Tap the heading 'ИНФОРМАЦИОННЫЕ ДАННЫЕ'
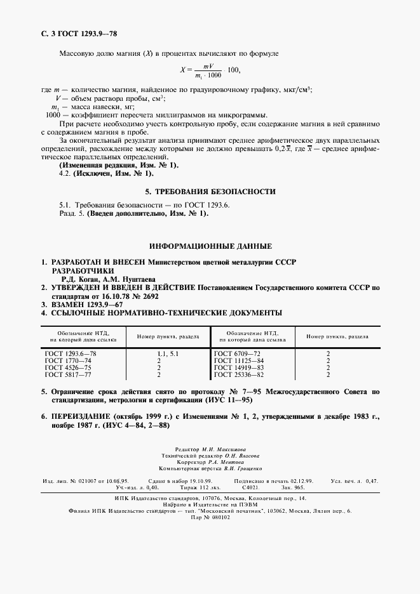210,245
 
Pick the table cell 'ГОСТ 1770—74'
65,360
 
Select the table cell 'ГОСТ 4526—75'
65,367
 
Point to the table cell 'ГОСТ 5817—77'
65,374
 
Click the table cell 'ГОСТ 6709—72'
235,353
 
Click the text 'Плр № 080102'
210,517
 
